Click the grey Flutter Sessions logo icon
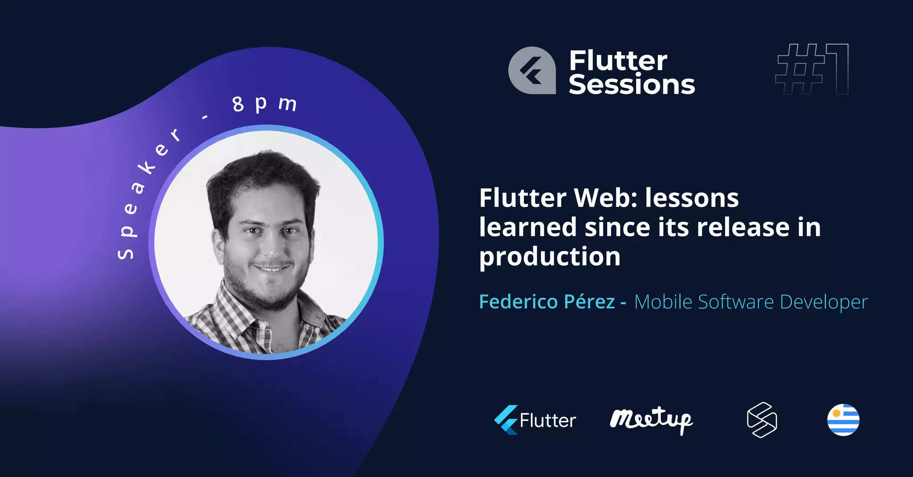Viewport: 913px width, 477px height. point(532,70)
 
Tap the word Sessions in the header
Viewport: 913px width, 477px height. point(632,85)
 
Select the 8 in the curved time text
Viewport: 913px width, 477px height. point(238,104)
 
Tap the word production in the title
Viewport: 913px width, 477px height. point(550,257)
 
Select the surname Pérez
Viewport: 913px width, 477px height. point(589,302)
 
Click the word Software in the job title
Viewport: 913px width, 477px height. point(736,302)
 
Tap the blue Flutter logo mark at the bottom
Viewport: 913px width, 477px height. point(506,420)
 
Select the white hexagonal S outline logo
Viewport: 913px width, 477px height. point(762,420)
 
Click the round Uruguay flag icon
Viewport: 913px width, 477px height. point(843,420)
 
